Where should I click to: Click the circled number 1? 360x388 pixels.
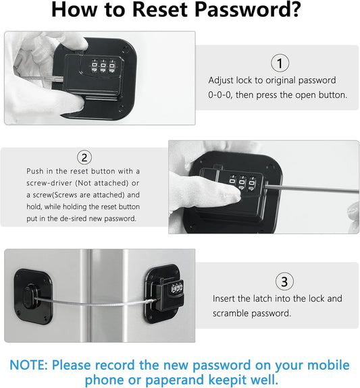279,63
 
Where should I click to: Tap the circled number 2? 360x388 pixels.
84,158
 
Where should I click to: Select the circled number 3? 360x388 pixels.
284,281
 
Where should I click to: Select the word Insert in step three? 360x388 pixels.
226,298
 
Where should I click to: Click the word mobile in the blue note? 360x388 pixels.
328,366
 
